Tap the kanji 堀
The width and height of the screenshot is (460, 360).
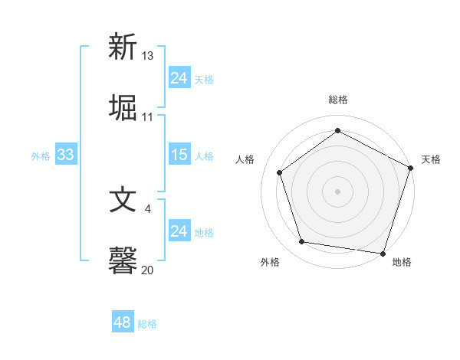[123, 107]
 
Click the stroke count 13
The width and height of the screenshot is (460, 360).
[148, 55]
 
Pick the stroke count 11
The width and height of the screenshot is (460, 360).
[148, 117]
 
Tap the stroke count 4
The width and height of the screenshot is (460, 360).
[148, 208]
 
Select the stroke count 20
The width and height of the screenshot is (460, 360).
[148, 270]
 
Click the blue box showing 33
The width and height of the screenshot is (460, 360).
[65, 155]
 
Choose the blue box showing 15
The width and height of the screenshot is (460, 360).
[179, 155]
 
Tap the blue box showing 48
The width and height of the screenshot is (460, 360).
[122, 322]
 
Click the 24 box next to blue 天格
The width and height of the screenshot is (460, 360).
[179, 78]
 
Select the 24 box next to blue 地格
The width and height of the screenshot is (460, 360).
[179, 231]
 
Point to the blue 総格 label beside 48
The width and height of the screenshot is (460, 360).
[147, 324]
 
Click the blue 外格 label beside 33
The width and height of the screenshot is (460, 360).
[41, 156]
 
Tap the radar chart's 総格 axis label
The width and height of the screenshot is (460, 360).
[337, 100]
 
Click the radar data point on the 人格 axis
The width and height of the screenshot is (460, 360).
[279, 172]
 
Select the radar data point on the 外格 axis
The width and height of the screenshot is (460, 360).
[302, 242]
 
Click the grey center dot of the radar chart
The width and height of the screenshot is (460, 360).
[337, 191]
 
